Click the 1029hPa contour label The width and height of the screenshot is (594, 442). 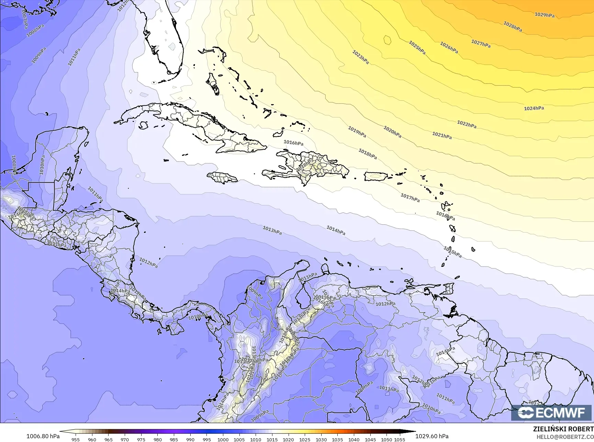544,15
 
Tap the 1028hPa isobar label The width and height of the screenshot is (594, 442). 513,26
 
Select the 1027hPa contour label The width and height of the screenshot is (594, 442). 481,44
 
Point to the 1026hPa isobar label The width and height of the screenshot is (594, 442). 449,47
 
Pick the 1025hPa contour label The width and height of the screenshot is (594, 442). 417,47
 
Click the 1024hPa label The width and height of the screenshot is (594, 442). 534,108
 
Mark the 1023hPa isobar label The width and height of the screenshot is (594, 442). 360,57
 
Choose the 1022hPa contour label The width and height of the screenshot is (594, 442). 467,124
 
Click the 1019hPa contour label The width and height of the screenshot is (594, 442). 357,132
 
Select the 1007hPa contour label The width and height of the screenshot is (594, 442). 25,19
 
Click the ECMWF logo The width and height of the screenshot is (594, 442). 552,413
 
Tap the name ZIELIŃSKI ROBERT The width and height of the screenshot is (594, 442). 563,429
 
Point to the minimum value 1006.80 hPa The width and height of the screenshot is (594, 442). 43,436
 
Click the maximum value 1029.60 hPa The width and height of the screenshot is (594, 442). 432,436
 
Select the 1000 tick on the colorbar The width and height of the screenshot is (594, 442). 223,439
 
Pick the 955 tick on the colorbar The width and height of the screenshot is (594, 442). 76,439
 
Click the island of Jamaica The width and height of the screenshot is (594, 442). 222,178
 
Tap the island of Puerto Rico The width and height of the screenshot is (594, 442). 376,176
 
